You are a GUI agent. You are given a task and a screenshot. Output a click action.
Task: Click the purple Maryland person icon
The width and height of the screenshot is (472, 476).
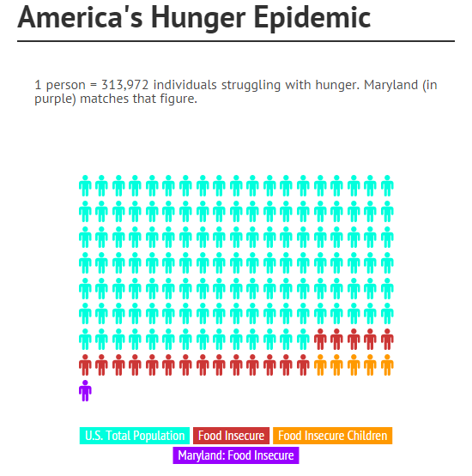85,391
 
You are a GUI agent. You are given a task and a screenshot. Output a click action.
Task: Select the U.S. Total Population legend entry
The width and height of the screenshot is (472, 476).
135,436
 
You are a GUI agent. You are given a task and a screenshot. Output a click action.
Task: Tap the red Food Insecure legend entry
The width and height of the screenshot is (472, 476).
231,436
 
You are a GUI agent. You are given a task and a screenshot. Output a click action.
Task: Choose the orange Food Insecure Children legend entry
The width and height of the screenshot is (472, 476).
333,436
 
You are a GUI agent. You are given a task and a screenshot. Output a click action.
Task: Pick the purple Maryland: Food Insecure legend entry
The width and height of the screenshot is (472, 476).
236,455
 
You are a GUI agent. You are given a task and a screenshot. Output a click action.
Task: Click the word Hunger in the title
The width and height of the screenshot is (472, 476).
198,18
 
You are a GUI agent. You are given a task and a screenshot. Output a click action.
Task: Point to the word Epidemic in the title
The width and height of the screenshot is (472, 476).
312,18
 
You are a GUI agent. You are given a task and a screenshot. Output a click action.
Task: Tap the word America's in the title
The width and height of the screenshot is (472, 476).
80,17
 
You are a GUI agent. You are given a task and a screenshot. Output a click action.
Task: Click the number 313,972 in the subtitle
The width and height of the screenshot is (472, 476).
124,85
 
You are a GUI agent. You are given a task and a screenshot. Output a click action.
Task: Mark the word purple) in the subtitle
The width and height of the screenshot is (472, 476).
55,99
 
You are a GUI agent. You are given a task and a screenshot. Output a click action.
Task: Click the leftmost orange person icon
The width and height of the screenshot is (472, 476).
320,365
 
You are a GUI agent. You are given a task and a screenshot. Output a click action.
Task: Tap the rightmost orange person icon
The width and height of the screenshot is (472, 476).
387,365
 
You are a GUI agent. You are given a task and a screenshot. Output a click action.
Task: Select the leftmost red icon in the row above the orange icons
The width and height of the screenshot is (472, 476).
320,339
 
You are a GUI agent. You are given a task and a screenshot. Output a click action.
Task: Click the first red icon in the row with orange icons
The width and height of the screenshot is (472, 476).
85,365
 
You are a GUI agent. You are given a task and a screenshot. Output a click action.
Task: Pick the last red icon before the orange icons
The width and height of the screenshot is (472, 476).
303,365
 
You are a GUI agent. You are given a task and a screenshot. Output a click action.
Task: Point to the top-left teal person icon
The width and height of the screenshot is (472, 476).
85,186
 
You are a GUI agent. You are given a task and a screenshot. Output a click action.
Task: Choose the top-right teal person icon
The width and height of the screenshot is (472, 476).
387,186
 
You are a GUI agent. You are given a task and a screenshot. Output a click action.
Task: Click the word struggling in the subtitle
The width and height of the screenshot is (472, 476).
251,86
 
